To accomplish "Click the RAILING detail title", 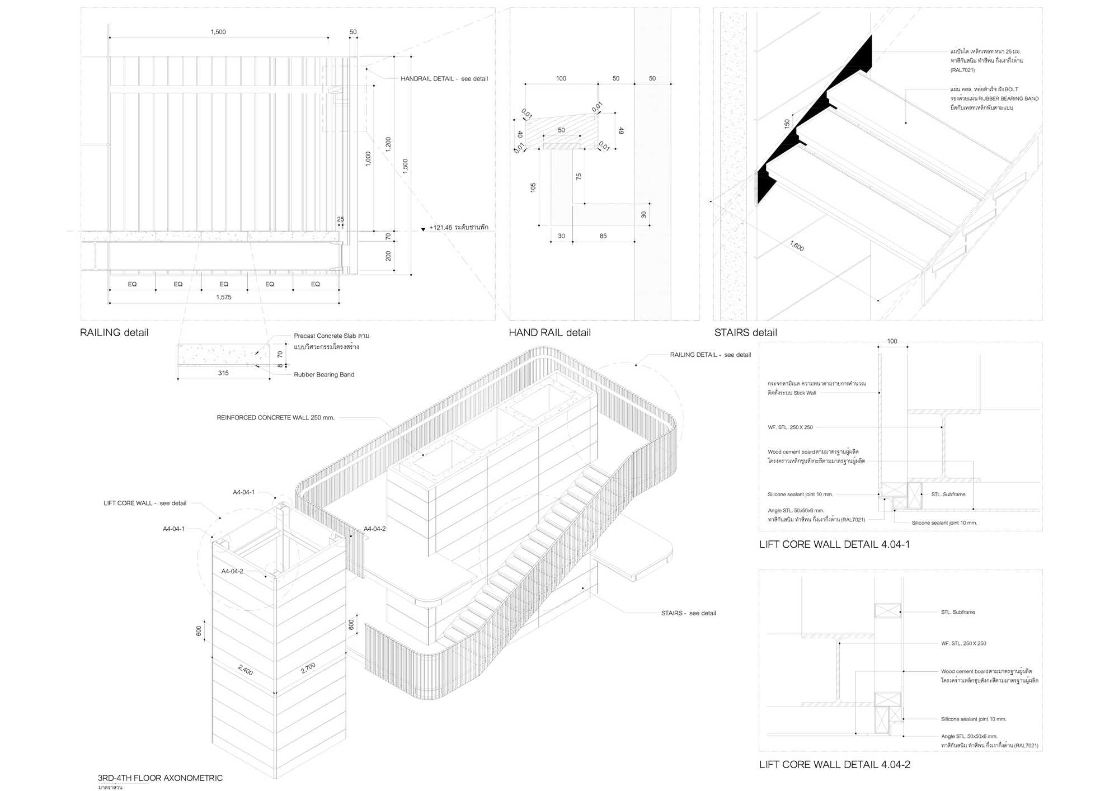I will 114,333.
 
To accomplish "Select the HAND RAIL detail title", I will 549,333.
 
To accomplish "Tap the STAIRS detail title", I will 745,333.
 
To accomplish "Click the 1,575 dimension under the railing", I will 224,298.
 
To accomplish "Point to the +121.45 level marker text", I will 458,228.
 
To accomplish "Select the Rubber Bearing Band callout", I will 324,375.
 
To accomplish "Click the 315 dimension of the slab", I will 223,373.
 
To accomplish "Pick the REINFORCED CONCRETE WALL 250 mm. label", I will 275,418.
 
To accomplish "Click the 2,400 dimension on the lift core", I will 246,670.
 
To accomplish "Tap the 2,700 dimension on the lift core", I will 308,668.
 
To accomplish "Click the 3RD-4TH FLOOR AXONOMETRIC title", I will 160,778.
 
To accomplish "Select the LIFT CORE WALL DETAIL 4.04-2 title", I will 834,765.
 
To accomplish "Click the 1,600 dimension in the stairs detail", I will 797,246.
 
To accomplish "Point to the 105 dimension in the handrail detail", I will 533,187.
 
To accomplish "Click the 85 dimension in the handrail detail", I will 603,236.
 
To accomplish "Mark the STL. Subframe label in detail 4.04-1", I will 948,495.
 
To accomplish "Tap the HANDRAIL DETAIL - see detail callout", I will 444,79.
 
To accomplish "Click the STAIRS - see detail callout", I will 688,614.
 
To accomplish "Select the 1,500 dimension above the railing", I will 218,32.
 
